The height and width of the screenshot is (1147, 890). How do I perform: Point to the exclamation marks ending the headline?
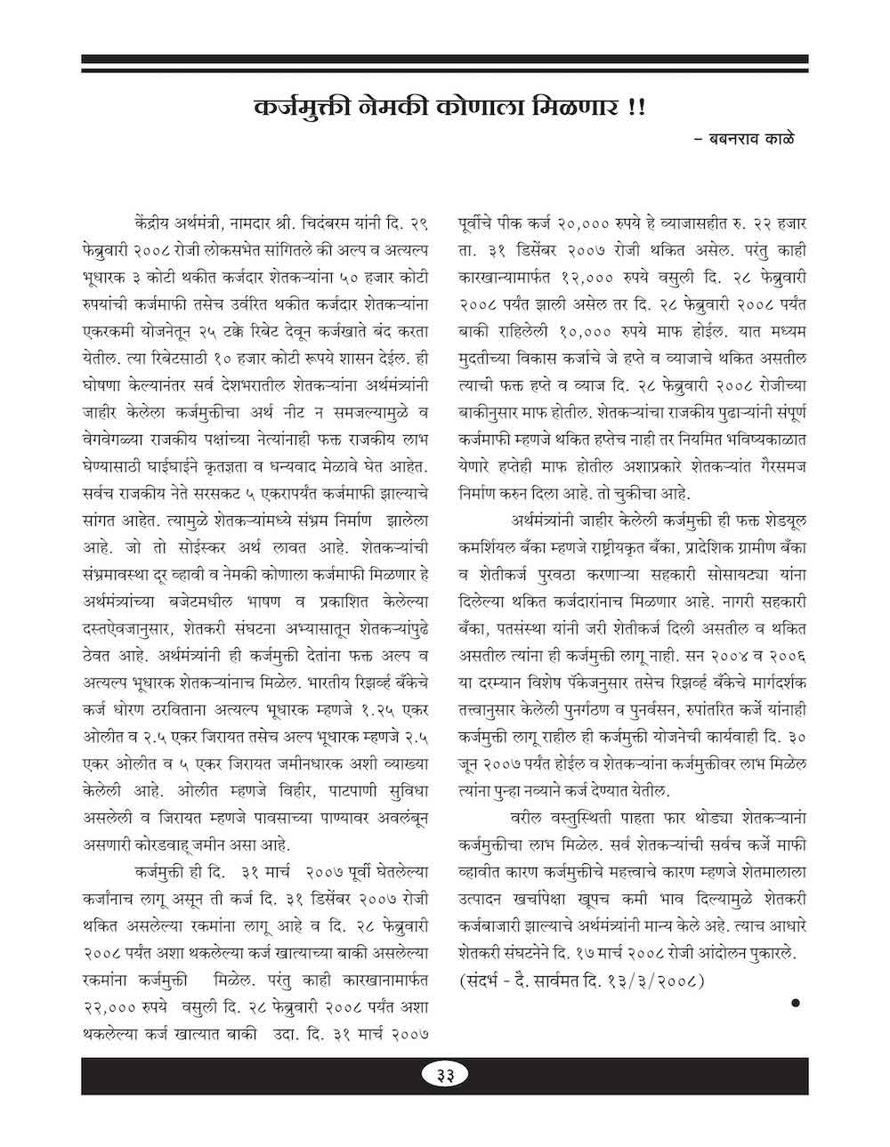(639, 109)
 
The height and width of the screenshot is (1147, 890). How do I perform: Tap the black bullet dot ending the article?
(796, 1004)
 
